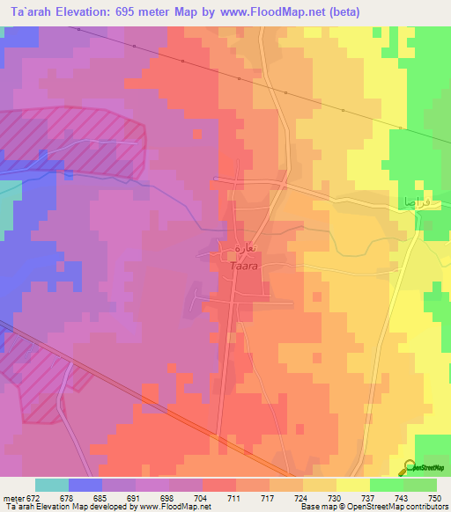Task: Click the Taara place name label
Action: pyautogui.click(x=244, y=264)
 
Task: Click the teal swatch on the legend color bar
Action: pyautogui.click(x=52, y=484)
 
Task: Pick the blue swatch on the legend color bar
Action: pyautogui.click(x=85, y=484)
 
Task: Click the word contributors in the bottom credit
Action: pyautogui.click(x=425, y=507)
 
